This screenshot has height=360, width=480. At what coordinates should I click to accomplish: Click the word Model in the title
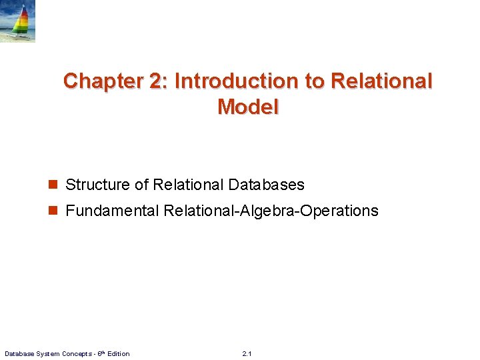[247, 107]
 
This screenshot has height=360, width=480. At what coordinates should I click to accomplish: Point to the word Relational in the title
[381, 81]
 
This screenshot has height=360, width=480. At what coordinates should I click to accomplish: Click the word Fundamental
[112, 211]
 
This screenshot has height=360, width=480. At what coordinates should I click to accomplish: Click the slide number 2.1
[247, 353]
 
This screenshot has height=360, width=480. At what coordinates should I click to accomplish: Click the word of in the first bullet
[141, 185]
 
